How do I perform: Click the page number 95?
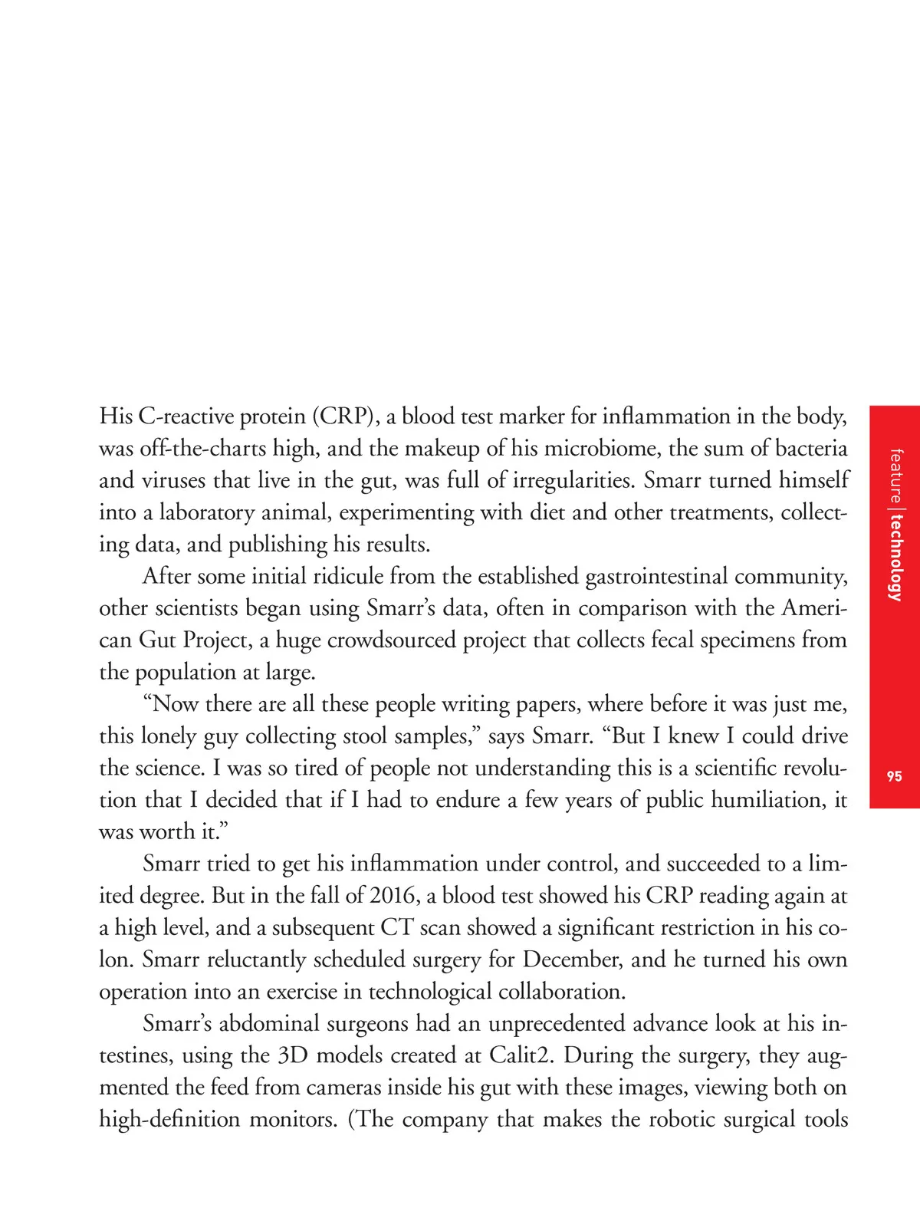894,776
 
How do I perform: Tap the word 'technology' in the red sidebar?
895,558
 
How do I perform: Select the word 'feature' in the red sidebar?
895,476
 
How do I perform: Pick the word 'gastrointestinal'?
655,576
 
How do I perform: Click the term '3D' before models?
293,1056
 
